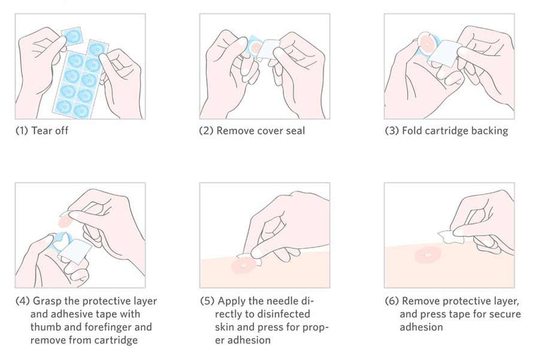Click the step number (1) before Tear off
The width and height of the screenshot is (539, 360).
22,131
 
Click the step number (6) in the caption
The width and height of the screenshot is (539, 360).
392,301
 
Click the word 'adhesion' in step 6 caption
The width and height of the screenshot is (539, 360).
421,327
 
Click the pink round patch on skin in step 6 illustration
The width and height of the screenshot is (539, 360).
428,255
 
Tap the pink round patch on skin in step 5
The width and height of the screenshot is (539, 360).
244,265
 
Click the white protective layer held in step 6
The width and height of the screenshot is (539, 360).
450,237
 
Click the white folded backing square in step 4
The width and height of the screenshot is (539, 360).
76,251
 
